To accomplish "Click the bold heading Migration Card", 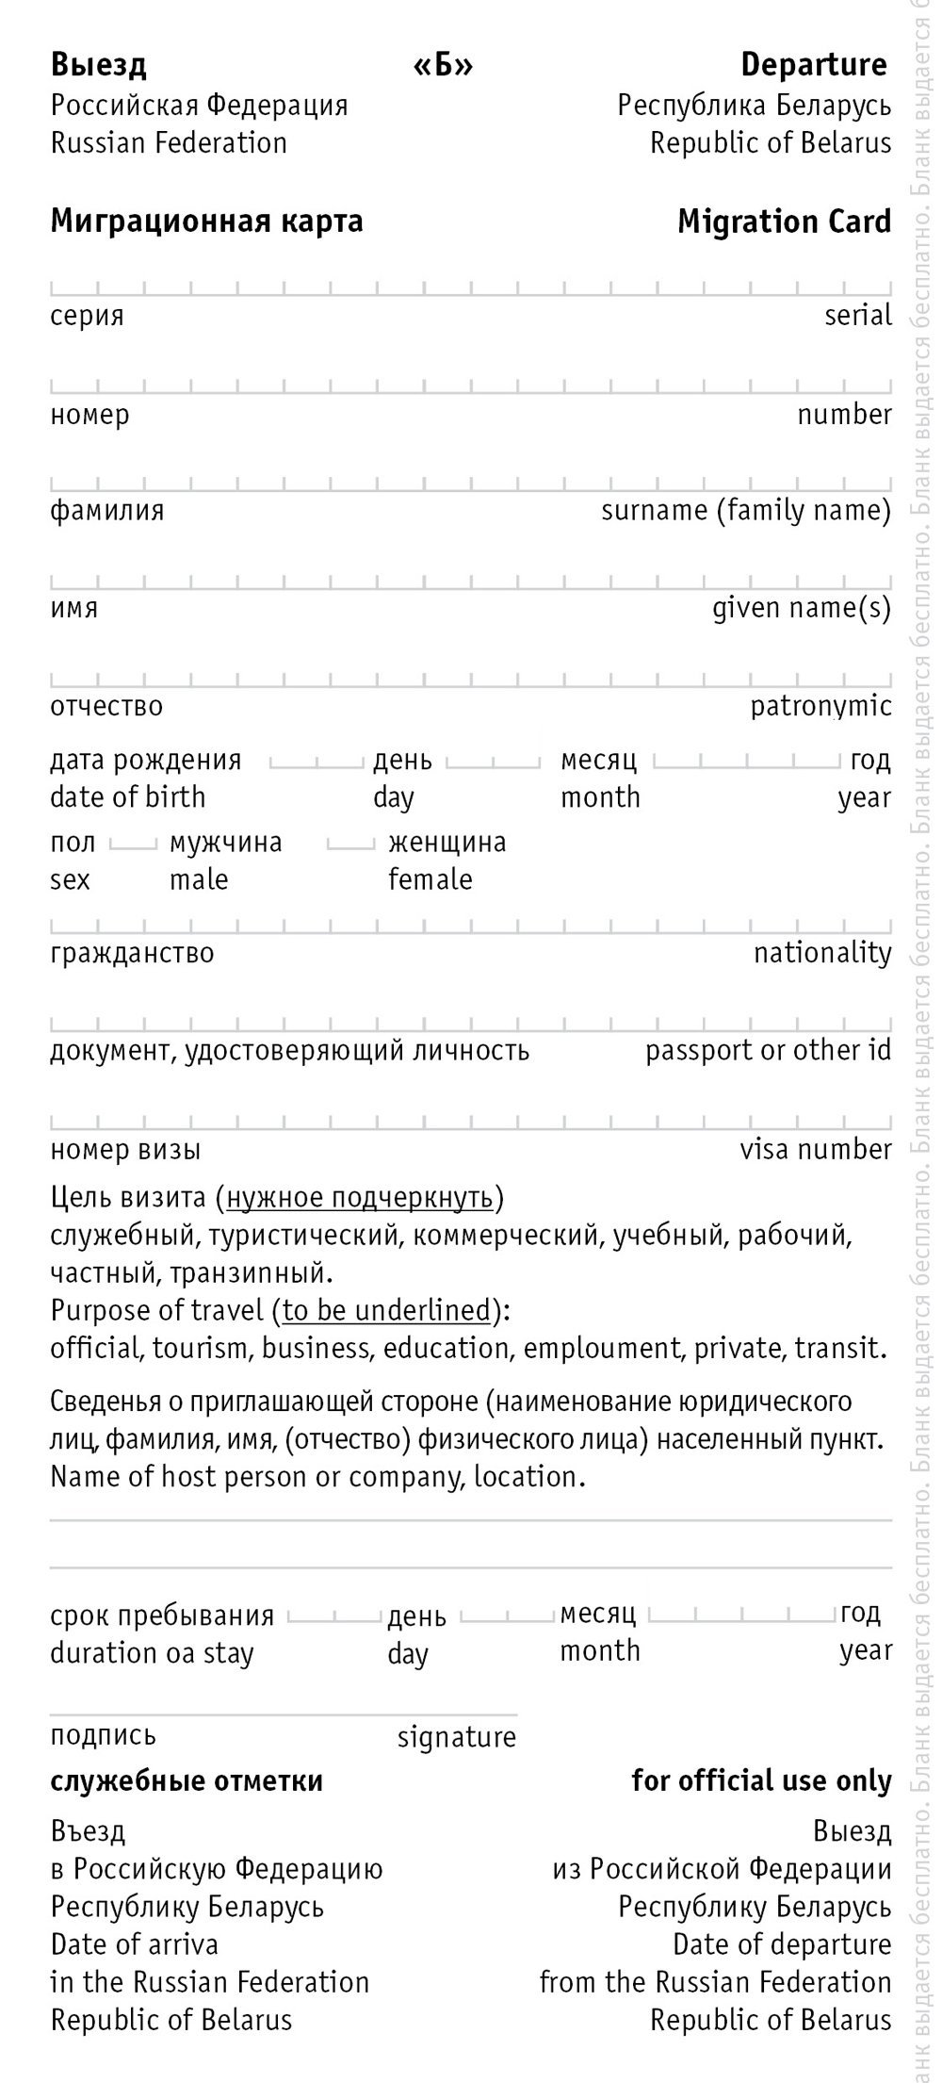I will [x=784, y=222].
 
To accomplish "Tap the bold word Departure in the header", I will [x=813, y=65].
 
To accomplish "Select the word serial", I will [x=857, y=315].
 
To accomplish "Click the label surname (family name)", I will [x=745, y=511].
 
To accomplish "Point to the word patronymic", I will [x=820, y=706].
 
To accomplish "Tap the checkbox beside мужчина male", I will [x=133, y=844].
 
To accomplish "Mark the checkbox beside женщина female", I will [x=350, y=844].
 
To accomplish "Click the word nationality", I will [x=821, y=953].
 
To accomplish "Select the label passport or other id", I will [x=767, y=1051].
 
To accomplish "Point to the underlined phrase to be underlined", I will [x=386, y=1310].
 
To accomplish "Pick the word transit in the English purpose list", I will [x=837, y=1348].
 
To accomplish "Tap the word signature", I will [x=456, y=1736].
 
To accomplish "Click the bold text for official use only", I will [x=760, y=1780].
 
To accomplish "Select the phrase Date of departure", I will [x=781, y=1944].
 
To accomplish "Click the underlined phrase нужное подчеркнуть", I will [x=360, y=1197].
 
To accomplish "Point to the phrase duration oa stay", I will [x=152, y=1653].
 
